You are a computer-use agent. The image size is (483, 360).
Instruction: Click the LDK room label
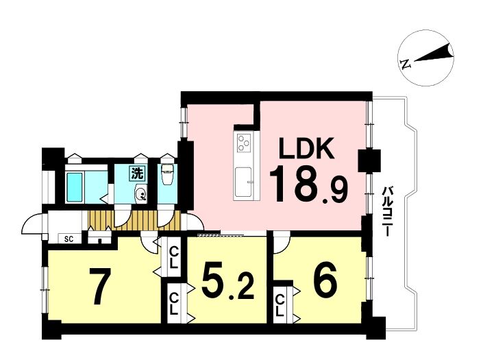point(306,148)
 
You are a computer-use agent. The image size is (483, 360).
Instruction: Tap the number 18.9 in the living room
point(309,184)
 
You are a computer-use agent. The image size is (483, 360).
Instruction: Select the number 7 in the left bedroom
point(99,286)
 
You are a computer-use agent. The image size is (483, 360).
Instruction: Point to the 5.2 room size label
point(227,280)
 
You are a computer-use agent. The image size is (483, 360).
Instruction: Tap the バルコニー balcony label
point(385,211)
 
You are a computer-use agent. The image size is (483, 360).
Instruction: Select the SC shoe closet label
point(69,239)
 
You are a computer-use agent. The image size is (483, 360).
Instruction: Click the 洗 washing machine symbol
point(137,173)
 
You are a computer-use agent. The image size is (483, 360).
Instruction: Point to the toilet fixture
point(168,174)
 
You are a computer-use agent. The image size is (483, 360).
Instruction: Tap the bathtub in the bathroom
point(74,187)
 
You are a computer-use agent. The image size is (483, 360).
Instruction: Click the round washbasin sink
point(140,194)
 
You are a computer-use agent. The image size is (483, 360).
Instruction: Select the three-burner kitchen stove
point(243,143)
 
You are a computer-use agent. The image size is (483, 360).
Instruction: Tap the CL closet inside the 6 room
point(280,305)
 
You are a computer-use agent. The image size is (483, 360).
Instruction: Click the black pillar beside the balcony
point(369,160)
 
